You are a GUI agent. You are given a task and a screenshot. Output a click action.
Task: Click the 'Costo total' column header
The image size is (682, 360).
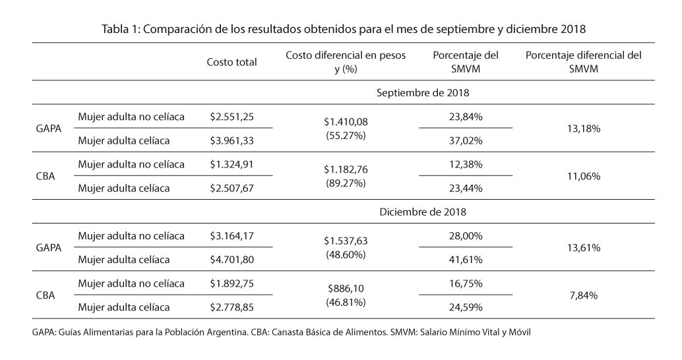[232, 62]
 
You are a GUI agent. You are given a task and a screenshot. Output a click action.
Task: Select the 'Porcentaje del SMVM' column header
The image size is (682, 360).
[466, 62]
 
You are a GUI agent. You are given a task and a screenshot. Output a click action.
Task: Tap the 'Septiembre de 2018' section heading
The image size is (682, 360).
[423, 93]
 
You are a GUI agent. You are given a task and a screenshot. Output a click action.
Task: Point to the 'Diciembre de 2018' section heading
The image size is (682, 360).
[423, 212]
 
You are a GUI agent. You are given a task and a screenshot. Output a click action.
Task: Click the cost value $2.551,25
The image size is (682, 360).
[232, 117]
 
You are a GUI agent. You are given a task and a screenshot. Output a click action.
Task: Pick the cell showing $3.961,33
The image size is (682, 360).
[232, 140]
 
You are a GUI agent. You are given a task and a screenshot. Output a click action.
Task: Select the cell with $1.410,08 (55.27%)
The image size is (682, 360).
[346, 129]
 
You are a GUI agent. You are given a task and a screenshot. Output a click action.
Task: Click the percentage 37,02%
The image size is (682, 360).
[466, 140]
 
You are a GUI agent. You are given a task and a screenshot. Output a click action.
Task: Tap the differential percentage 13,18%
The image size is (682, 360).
[584, 129]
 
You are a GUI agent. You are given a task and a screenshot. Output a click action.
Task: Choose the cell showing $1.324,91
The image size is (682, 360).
[232, 164]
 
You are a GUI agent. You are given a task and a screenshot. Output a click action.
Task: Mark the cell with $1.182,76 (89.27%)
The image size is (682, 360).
[346, 176]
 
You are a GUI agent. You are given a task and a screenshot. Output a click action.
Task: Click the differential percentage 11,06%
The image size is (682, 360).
[584, 176]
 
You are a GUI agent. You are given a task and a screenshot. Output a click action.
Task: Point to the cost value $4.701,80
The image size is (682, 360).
[232, 259]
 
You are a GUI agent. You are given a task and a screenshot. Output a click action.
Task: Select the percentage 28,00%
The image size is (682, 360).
[466, 235]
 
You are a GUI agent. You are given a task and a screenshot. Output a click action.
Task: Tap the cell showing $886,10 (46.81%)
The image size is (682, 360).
[346, 295]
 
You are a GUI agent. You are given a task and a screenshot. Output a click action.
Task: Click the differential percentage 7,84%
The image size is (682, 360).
[584, 295]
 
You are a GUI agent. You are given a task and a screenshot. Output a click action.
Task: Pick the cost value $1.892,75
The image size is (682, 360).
[232, 283]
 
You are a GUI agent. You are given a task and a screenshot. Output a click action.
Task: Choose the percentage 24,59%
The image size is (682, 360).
[466, 307]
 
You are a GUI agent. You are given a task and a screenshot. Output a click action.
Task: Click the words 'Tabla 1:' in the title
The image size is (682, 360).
[121, 29]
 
